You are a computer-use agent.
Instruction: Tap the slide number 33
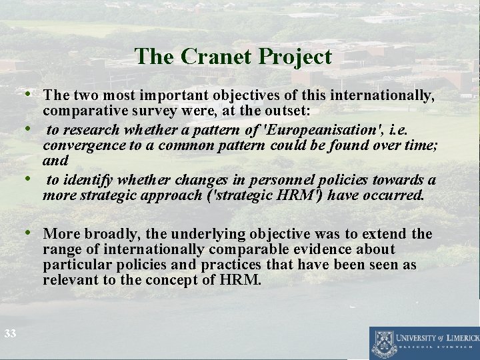click(9, 333)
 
